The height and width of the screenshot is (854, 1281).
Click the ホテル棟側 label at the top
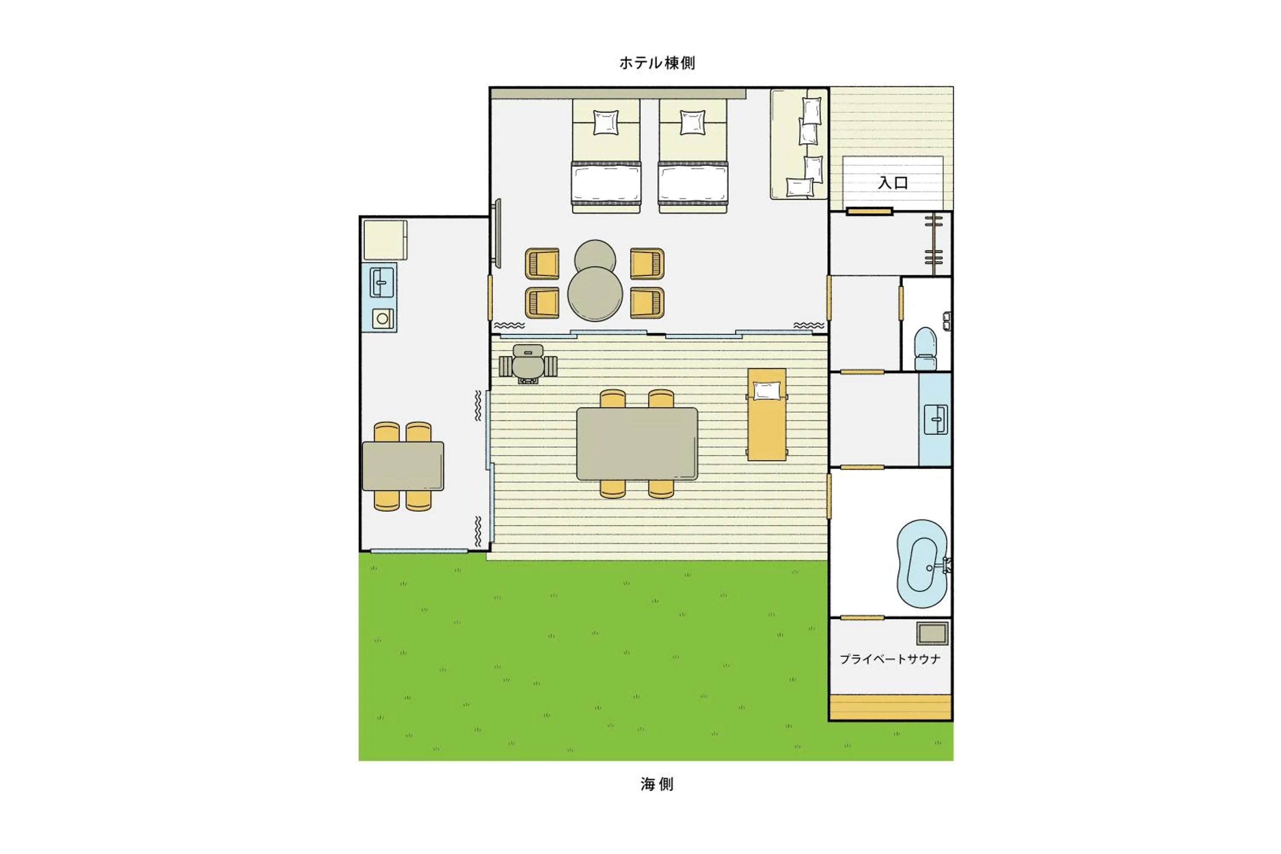[657, 63]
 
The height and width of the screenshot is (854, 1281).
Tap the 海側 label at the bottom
[657, 784]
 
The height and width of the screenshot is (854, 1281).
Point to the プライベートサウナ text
[890, 659]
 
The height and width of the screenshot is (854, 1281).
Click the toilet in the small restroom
[925, 348]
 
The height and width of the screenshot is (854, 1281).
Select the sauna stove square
[932, 633]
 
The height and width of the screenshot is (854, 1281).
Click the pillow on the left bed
[605, 123]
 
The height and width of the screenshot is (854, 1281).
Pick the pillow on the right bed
[692, 123]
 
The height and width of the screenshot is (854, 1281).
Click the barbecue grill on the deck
[528, 364]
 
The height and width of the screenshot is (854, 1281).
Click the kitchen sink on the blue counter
[381, 282]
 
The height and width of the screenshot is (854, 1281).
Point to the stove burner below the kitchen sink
[382, 319]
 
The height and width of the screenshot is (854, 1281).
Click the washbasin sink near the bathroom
[936, 419]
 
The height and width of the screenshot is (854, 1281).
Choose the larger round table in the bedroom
[595, 294]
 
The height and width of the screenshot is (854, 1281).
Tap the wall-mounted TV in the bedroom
[498, 233]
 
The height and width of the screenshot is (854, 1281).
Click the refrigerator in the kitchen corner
[385, 240]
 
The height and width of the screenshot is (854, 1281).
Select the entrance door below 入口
[869, 212]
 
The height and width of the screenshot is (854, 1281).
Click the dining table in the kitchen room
[403, 466]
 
